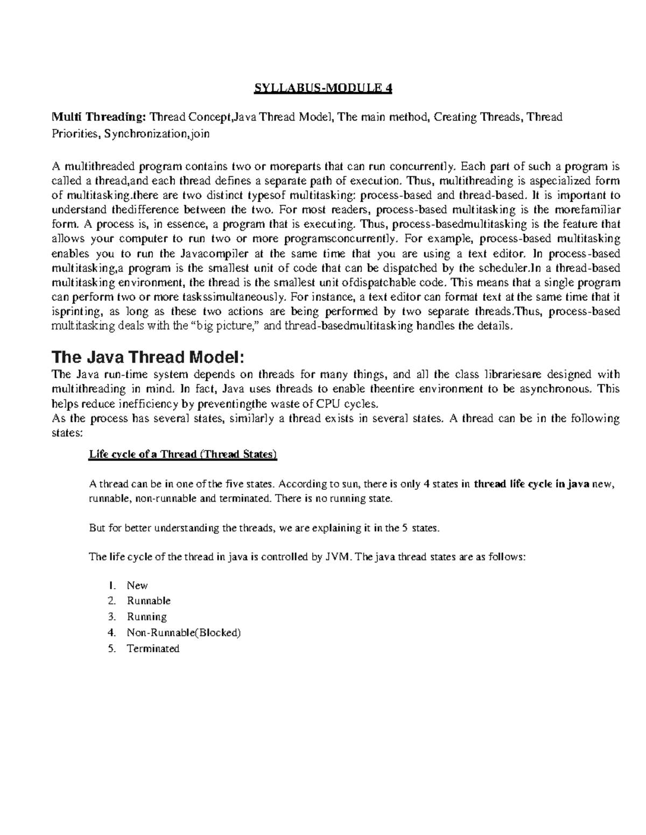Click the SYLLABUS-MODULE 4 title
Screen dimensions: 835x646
(322, 88)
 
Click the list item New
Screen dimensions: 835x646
(137, 585)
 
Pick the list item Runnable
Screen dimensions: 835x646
(149, 601)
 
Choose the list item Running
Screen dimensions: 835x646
(146, 617)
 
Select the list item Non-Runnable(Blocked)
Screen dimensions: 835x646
(184, 633)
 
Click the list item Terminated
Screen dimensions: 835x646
(153, 649)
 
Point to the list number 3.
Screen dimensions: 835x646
(111, 617)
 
